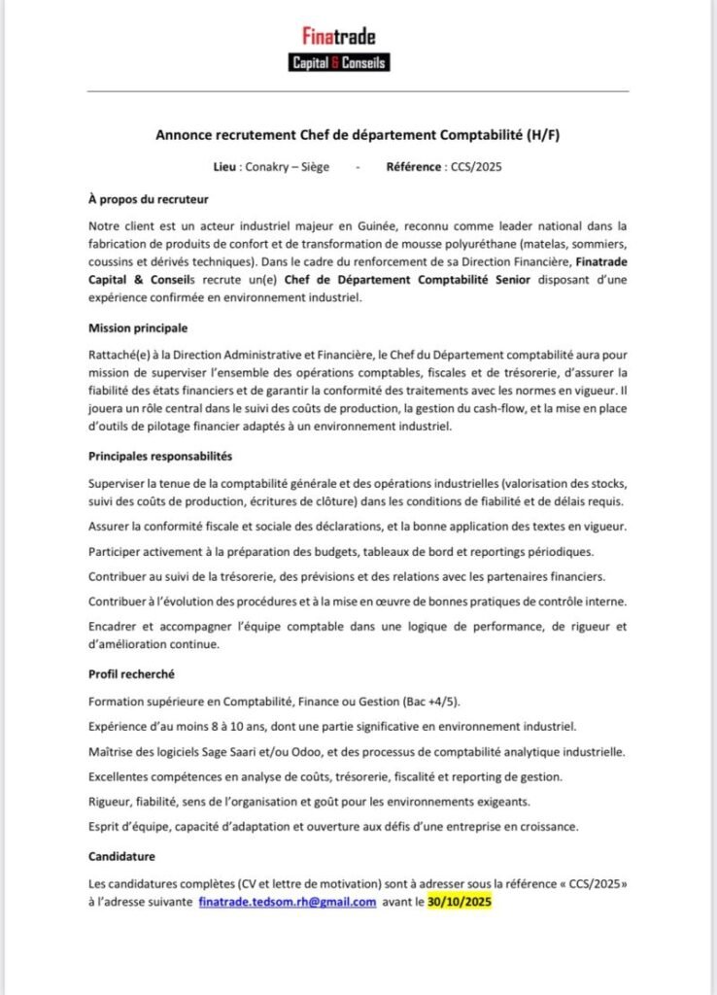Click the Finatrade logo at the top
tap(339, 37)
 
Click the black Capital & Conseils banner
tap(339, 63)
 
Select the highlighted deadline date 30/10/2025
tap(461, 902)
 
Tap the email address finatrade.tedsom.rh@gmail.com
tap(288, 902)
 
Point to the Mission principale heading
tap(138, 327)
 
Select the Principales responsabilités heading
tap(159, 456)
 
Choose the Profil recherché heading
tap(131, 673)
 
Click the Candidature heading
tap(121, 856)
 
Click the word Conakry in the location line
tap(269, 167)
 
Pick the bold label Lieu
tap(227, 167)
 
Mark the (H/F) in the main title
tap(542, 135)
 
